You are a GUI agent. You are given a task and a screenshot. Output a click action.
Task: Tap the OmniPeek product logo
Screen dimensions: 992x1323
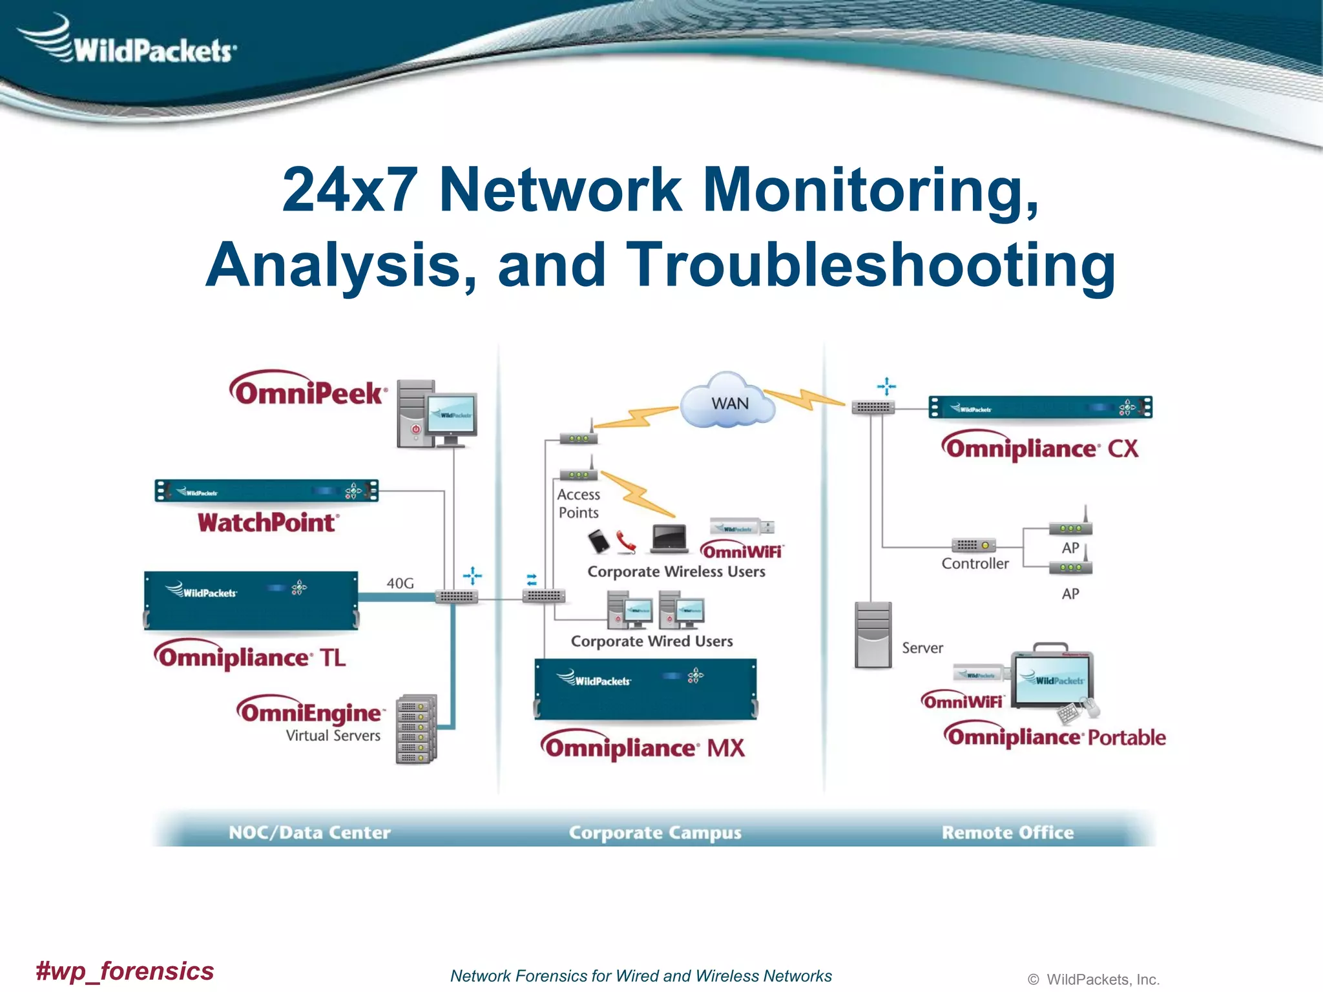[308, 389]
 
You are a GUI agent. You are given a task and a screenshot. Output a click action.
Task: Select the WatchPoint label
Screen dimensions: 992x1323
[267, 522]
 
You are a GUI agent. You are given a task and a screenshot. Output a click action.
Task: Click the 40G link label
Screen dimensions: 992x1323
[400, 583]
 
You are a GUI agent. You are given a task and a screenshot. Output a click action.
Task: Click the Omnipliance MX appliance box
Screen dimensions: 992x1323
[645, 689]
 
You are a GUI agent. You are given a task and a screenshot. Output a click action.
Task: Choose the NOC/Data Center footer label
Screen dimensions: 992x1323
[309, 832]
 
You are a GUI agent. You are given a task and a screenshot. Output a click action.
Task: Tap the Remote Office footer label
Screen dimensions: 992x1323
[1007, 832]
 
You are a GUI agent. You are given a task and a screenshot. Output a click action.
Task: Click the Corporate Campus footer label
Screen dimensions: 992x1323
[654, 832]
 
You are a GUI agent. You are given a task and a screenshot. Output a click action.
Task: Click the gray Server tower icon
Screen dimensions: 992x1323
[872, 635]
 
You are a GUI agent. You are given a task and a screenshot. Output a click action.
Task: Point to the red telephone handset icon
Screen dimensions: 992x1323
[625, 542]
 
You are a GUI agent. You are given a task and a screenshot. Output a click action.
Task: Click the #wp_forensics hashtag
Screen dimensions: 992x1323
[125, 971]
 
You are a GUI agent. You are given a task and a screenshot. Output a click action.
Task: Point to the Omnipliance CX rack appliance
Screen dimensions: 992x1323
[1039, 408]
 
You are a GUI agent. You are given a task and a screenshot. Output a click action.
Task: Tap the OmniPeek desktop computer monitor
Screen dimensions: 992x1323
[453, 417]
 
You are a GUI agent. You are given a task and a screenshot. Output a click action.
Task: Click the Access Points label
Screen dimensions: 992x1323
[578, 503]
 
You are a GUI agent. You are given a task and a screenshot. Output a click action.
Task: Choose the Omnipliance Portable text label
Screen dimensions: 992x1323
[1056, 737]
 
